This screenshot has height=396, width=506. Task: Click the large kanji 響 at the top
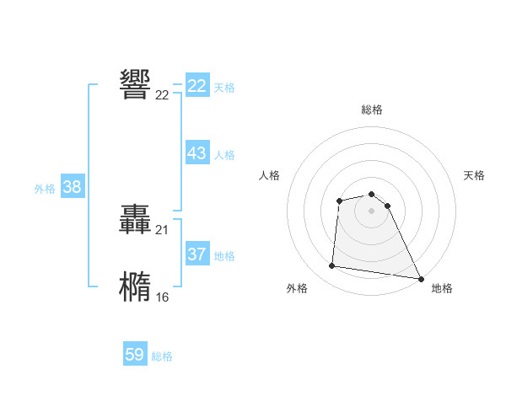pyautogui.click(x=136, y=85)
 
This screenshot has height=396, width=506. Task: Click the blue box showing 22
pyautogui.click(x=197, y=86)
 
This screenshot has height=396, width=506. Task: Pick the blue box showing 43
pyautogui.click(x=197, y=153)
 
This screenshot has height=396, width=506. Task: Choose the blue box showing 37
pyautogui.click(x=197, y=254)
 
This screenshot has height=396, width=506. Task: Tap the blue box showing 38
pyautogui.click(x=73, y=187)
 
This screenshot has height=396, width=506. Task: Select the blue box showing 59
pyautogui.click(x=135, y=355)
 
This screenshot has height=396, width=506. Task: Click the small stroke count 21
pyautogui.click(x=162, y=230)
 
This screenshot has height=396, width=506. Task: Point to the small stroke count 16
pyautogui.click(x=162, y=297)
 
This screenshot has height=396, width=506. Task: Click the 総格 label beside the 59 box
pyautogui.click(x=162, y=356)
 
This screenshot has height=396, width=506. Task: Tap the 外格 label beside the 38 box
pyautogui.click(x=45, y=189)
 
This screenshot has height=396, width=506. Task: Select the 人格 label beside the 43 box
pyautogui.click(x=224, y=155)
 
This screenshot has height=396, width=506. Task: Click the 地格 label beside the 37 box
pyautogui.click(x=224, y=256)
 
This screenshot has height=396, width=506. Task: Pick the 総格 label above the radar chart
pyautogui.click(x=372, y=110)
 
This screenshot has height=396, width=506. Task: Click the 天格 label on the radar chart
pyautogui.click(x=474, y=175)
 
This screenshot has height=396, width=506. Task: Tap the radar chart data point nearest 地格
pyautogui.click(x=421, y=279)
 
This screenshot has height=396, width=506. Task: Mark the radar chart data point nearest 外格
pyautogui.click(x=332, y=266)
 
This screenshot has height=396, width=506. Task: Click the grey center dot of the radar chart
pyautogui.click(x=372, y=210)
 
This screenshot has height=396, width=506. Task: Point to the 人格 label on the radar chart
pyautogui.click(x=270, y=175)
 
